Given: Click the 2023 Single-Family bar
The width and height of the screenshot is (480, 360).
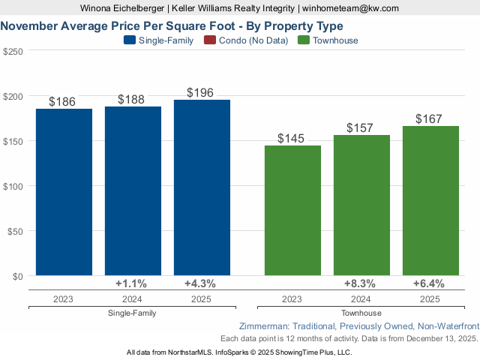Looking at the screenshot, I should (x=64, y=192).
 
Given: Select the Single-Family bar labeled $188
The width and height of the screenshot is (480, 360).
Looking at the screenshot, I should (x=133, y=191).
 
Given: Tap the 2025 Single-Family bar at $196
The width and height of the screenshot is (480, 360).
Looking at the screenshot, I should (x=202, y=187).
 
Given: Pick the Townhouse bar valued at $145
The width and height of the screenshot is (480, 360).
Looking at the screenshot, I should (x=292, y=211).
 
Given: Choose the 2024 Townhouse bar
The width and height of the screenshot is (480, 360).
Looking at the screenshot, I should (x=361, y=205).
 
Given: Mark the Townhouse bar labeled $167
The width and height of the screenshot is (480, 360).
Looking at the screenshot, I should (x=430, y=201).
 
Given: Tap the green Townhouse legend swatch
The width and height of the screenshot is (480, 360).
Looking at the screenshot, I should (x=304, y=40).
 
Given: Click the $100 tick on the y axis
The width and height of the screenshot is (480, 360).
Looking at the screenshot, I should (x=13, y=186).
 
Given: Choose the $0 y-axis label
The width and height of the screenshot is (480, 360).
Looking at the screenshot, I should (x=18, y=276).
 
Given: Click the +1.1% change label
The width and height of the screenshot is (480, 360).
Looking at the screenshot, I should (x=131, y=283).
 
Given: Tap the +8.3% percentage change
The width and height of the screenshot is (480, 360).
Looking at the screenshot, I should (x=360, y=283).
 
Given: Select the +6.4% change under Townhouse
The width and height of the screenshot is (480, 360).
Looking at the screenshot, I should (x=429, y=283).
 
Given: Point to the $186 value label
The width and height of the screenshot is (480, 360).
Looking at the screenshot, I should (x=62, y=101).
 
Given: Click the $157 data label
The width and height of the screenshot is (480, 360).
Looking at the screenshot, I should (x=360, y=127).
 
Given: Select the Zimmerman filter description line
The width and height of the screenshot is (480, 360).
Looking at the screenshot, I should (x=358, y=327).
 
